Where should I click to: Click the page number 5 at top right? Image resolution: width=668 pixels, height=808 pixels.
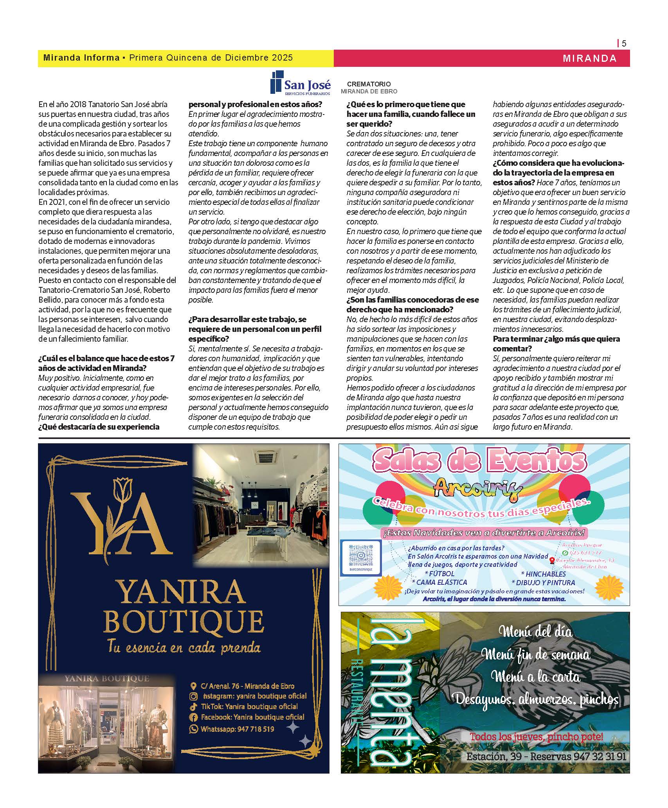tap(624, 43)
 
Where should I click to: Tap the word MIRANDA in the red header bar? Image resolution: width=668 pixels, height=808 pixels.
tap(589, 59)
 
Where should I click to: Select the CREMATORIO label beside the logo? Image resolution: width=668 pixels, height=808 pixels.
tap(369, 84)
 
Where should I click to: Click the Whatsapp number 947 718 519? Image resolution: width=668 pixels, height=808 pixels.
tap(237, 729)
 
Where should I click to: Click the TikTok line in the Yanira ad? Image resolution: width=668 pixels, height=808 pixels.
tap(249, 707)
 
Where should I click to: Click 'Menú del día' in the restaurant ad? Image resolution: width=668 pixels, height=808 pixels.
tap(535, 632)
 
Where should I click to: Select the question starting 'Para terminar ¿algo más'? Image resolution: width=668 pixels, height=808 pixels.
tap(556, 344)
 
